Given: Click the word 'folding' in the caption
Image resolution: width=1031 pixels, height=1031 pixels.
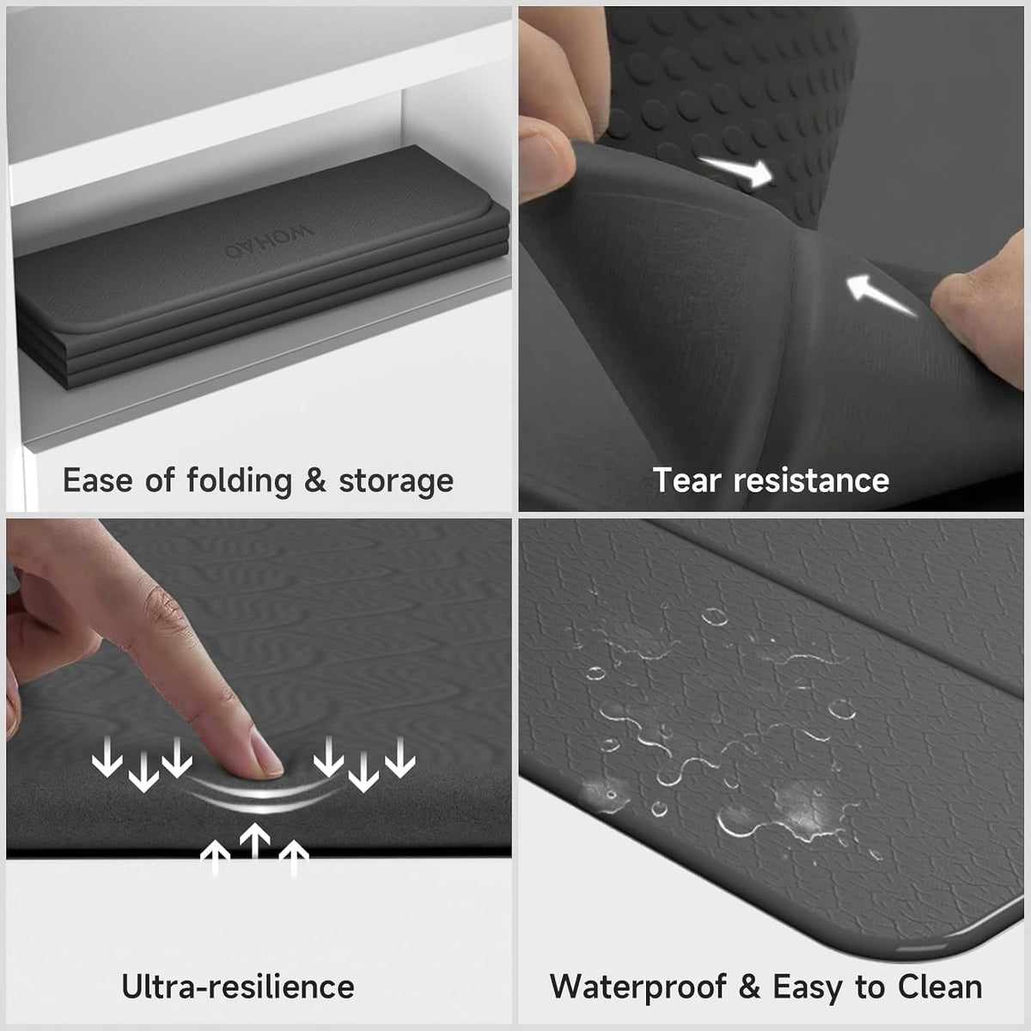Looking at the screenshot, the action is point(239,481).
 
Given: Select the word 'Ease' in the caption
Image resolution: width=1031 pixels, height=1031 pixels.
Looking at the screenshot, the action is point(98,480).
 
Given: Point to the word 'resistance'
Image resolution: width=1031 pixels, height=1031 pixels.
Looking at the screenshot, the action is point(811,480).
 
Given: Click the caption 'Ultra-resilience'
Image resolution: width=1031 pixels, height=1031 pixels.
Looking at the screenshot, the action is point(238,986).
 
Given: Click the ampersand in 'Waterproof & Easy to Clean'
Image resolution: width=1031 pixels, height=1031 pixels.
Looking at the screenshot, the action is point(749,987).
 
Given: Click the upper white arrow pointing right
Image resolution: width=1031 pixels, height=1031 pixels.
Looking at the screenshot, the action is point(737,169).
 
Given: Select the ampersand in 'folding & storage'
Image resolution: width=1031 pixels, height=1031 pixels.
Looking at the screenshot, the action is point(315,480).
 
